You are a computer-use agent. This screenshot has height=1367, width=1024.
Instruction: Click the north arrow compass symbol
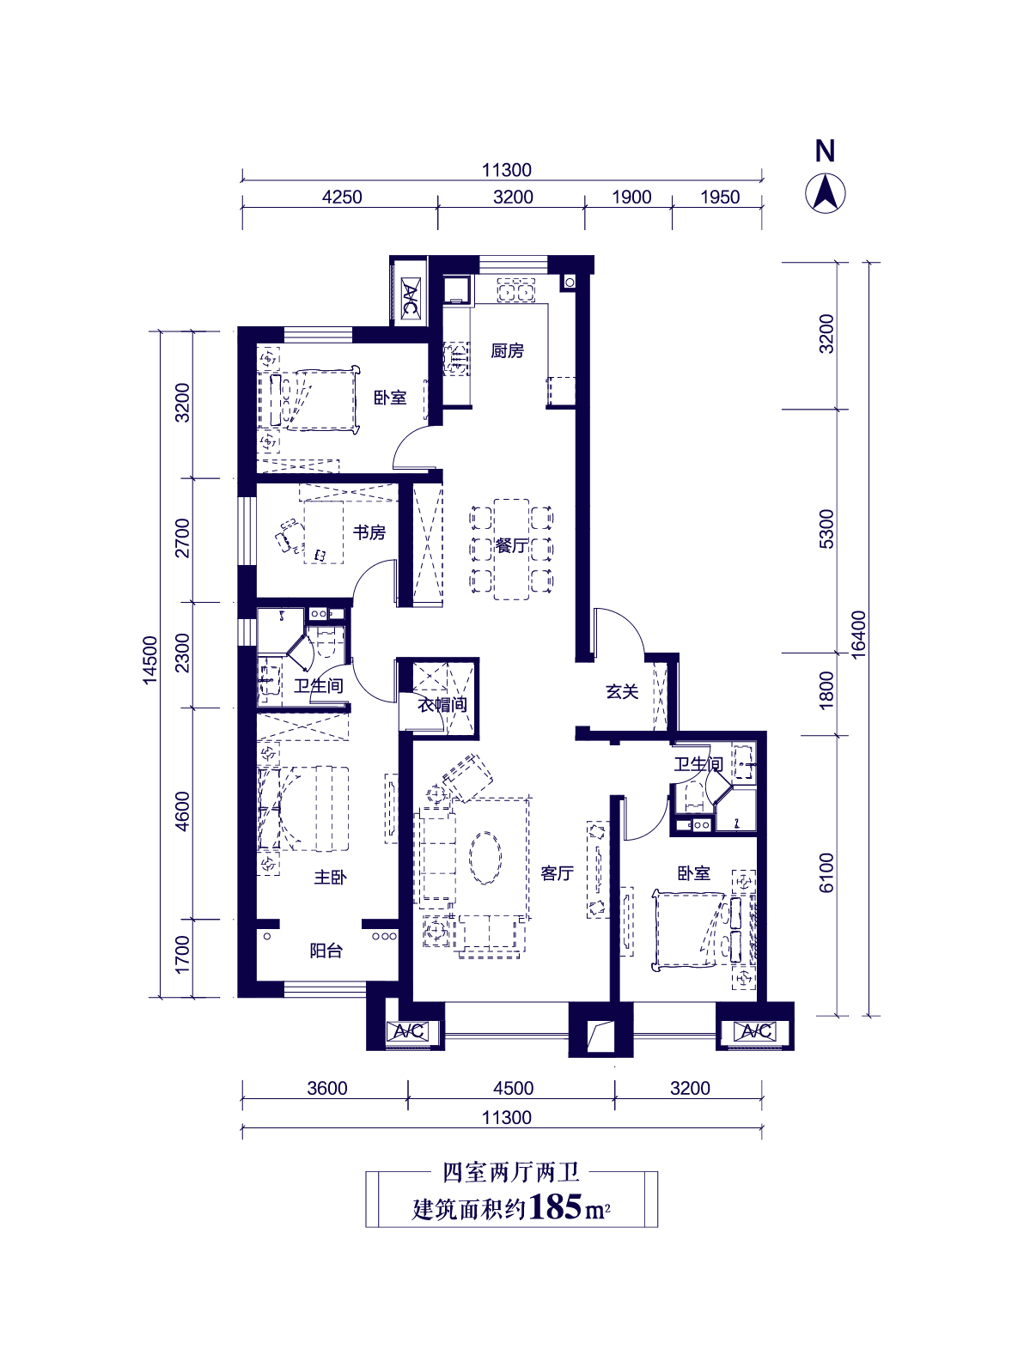click(x=825, y=194)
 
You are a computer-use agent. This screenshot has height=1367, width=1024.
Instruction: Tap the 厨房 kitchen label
click(x=506, y=350)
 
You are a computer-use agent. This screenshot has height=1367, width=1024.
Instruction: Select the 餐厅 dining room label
click(x=511, y=545)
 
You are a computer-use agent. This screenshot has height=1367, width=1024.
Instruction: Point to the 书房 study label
click(x=369, y=532)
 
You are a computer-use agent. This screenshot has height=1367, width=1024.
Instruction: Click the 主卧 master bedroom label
click(x=330, y=877)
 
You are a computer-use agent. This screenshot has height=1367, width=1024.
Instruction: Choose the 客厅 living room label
click(x=557, y=873)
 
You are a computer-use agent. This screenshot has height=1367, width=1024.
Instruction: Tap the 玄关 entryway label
click(x=622, y=691)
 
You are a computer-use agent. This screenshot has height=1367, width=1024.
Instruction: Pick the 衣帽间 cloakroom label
click(x=442, y=704)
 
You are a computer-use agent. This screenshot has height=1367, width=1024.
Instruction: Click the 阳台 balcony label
click(x=326, y=951)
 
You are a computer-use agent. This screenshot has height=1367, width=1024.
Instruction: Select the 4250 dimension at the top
click(x=342, y=197)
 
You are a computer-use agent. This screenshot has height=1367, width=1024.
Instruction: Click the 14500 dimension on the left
click(x=150, y=660)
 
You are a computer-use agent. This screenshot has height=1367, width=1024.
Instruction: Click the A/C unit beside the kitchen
click(x=409, y=298)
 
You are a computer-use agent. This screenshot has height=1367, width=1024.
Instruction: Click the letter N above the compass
click(x=825, y=151)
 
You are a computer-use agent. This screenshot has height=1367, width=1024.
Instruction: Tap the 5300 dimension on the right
click(x=826, y=529)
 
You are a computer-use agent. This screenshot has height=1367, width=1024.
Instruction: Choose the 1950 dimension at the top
click(x=719, y=197)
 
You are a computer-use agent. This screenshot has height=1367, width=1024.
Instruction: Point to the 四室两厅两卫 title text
click(x=511, y=1173)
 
